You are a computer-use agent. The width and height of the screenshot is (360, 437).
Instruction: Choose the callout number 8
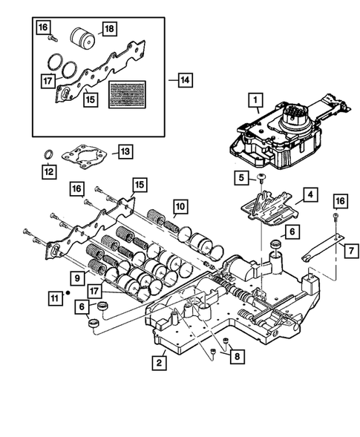(x=236, y=356)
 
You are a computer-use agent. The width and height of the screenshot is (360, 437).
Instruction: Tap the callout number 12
(x=48, y=175)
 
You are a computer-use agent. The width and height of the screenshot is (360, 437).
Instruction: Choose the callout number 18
(x=108, y=28)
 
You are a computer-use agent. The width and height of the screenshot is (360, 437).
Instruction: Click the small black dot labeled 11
(x=68, y=293)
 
